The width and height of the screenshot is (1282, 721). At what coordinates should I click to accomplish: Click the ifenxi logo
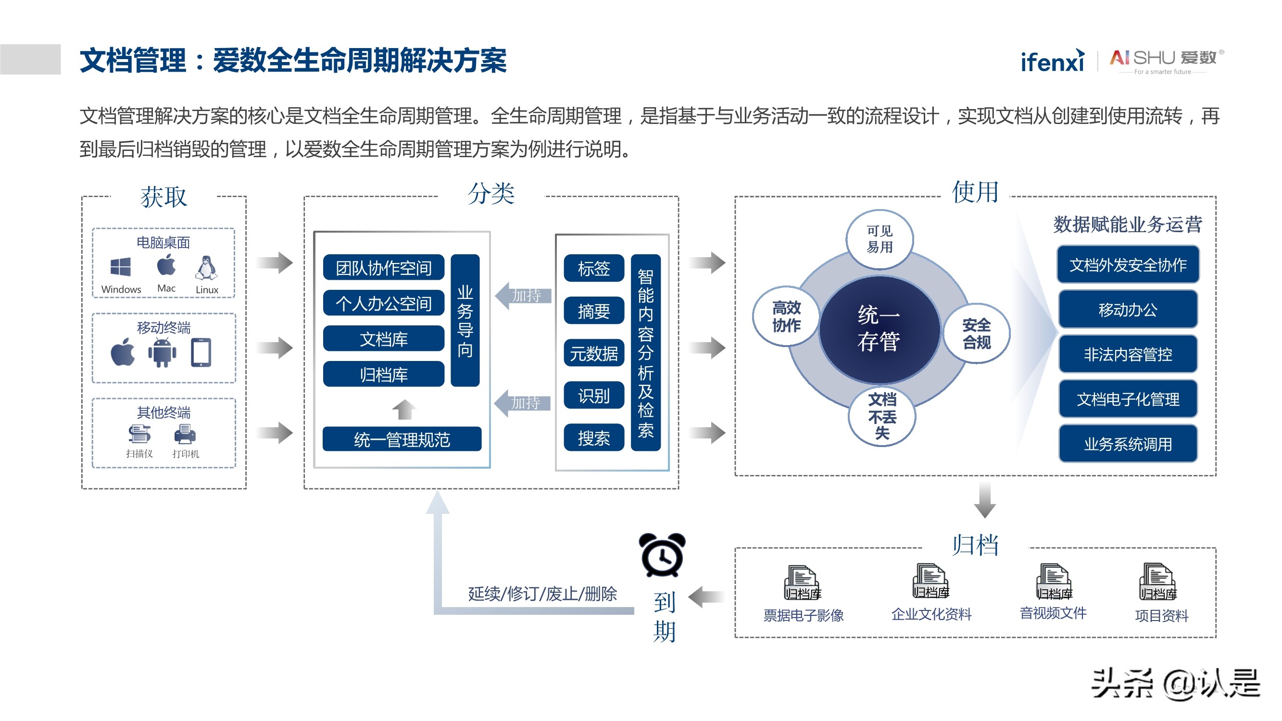tap(1052, 62)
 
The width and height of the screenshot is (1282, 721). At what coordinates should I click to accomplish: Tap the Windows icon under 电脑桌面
tap(120, 267)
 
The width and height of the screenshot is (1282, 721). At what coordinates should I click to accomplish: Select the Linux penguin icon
tap(206, 268)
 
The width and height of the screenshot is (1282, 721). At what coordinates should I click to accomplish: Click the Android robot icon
tap(162, 353)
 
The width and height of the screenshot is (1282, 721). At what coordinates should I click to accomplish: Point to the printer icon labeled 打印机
tap(185, 435)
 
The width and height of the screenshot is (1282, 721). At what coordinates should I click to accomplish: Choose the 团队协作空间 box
tap(383, 268)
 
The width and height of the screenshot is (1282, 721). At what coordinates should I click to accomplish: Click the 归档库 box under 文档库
tap(383, 374)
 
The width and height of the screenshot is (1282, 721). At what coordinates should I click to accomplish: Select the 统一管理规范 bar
tap(402, 439)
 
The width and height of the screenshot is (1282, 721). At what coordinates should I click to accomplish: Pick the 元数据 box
tap(594, 353)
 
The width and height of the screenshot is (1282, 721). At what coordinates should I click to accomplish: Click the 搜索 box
tap(594, 438)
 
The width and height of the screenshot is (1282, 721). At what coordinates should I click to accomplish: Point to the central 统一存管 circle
tap(879, 329)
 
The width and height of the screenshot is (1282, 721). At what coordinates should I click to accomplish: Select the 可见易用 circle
tap(880, 239)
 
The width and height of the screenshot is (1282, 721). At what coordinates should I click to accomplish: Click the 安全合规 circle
tap(976, 334)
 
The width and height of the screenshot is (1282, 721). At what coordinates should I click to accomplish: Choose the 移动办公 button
tap(1128, 310)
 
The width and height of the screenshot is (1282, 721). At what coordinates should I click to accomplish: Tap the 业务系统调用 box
tap(1128, 444)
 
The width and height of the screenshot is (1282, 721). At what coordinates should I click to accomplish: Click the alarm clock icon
tap(663, 555)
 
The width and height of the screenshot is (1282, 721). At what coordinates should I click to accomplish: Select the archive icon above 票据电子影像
tap(802, 583)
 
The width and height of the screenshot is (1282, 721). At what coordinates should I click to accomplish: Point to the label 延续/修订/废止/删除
tap(542, 594)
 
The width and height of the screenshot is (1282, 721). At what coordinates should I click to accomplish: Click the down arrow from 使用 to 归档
tap(984, 500)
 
